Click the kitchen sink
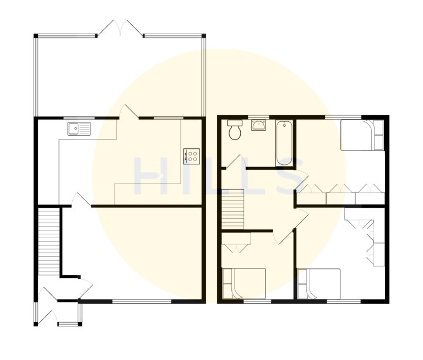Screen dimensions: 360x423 [x=79, y=128]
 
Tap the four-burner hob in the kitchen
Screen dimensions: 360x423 [x=192, y=155]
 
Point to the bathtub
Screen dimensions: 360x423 [x=285, y=143]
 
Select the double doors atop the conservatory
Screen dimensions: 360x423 [x=122, y=29]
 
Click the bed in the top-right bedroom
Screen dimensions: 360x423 [x=361, y=135]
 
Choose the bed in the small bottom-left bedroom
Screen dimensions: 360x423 [x=243, y=283]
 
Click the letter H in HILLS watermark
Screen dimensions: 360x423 [x=149, y=177]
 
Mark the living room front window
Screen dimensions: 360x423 [x=143, y=301]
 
